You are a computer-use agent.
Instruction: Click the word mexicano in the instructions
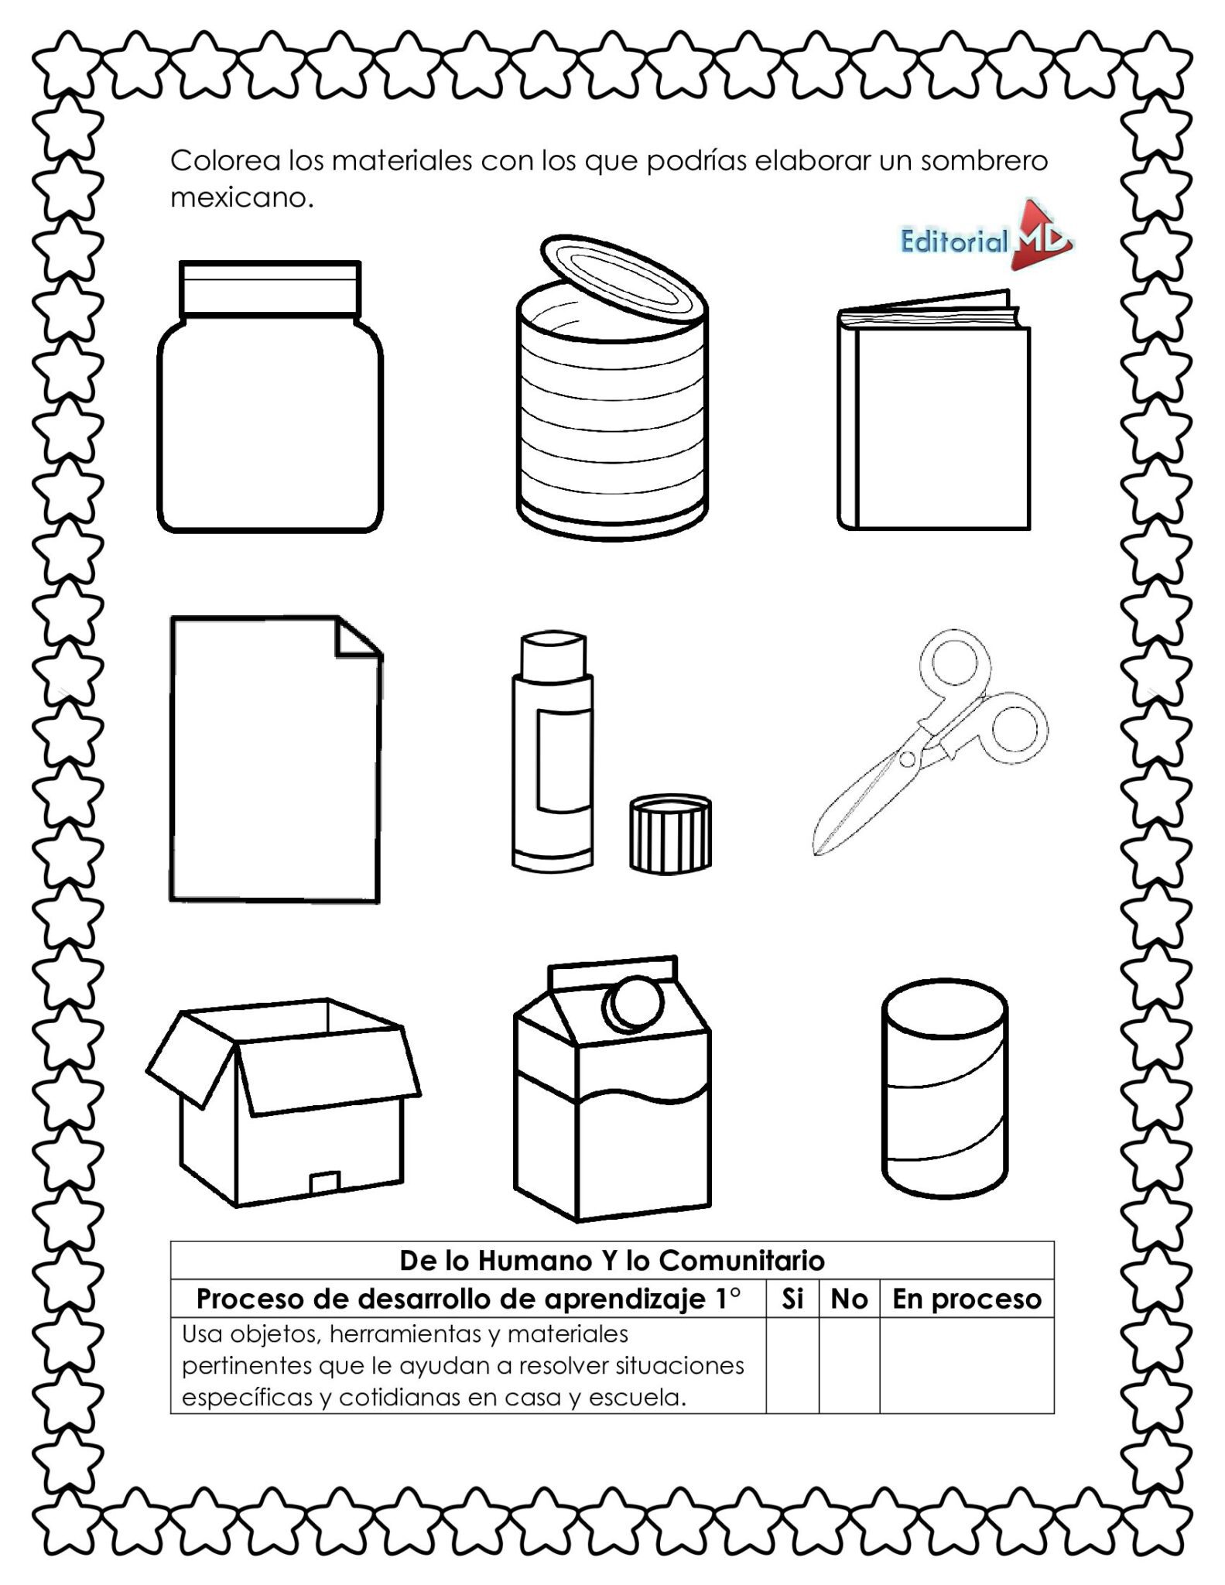tap(241, 198)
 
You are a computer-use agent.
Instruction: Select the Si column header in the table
tap(792, 1299)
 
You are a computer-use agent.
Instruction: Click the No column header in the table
tap(848, 1299)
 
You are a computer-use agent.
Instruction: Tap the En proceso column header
tap(966, 1299)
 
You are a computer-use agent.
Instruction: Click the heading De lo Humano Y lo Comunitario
tap(611, 1261)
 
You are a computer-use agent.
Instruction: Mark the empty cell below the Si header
tap(792, 1366)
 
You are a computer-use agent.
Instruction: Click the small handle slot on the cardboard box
tap(325, 1183)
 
